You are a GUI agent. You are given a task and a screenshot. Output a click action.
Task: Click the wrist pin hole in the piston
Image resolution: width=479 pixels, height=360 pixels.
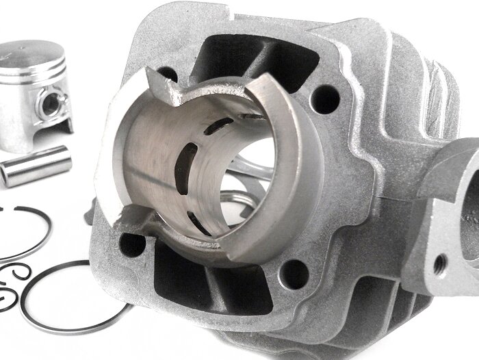click(x=49, y=105)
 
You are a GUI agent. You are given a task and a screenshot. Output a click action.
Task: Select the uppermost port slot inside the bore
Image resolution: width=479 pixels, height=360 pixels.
click(x=220, y=125)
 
